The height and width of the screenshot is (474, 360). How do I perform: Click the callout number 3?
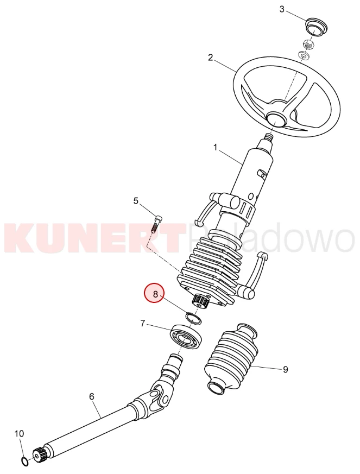282,9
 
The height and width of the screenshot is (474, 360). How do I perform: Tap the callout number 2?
210,58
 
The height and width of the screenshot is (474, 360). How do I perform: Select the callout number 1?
215,148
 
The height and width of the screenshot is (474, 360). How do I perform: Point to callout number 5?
136,200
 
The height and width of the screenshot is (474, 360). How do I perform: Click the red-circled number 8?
155,294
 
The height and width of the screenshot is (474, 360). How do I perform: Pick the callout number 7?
143,324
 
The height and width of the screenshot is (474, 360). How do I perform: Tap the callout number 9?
286,369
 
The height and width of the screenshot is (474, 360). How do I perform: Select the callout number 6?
92,396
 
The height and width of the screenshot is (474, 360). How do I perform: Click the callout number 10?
19,433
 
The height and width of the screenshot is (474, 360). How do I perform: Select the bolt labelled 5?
156,224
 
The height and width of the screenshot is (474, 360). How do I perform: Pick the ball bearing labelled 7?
186,336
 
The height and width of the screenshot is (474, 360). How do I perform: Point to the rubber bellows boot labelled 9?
231,359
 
